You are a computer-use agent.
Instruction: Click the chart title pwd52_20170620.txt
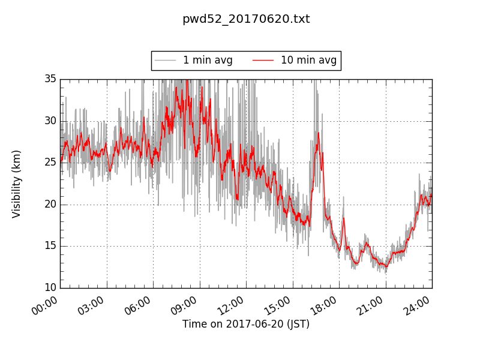tap(246, 19)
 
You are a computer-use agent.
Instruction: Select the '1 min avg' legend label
tap(208, 61)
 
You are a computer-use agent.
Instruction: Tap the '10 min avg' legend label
tap(308, 61)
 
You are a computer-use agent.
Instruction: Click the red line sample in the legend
tap(263, 61)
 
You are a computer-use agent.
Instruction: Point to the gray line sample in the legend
tap(165, 61)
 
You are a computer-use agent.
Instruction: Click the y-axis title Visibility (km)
tap(17, 184)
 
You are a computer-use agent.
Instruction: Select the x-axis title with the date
tap(246, 325)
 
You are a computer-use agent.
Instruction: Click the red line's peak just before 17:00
tap(319, 133)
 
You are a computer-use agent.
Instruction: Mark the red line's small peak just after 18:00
tap(344, 218)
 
